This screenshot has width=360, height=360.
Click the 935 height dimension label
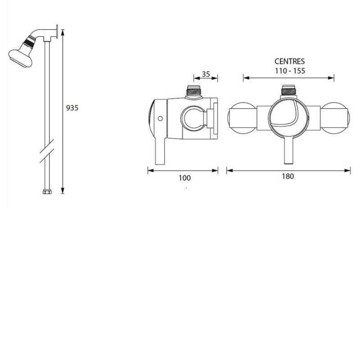72,108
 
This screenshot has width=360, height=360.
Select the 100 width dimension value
184,178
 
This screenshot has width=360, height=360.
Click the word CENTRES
290,61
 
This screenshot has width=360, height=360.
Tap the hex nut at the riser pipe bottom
46,192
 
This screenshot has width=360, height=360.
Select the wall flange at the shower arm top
57,33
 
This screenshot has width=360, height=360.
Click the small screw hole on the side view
160,119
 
